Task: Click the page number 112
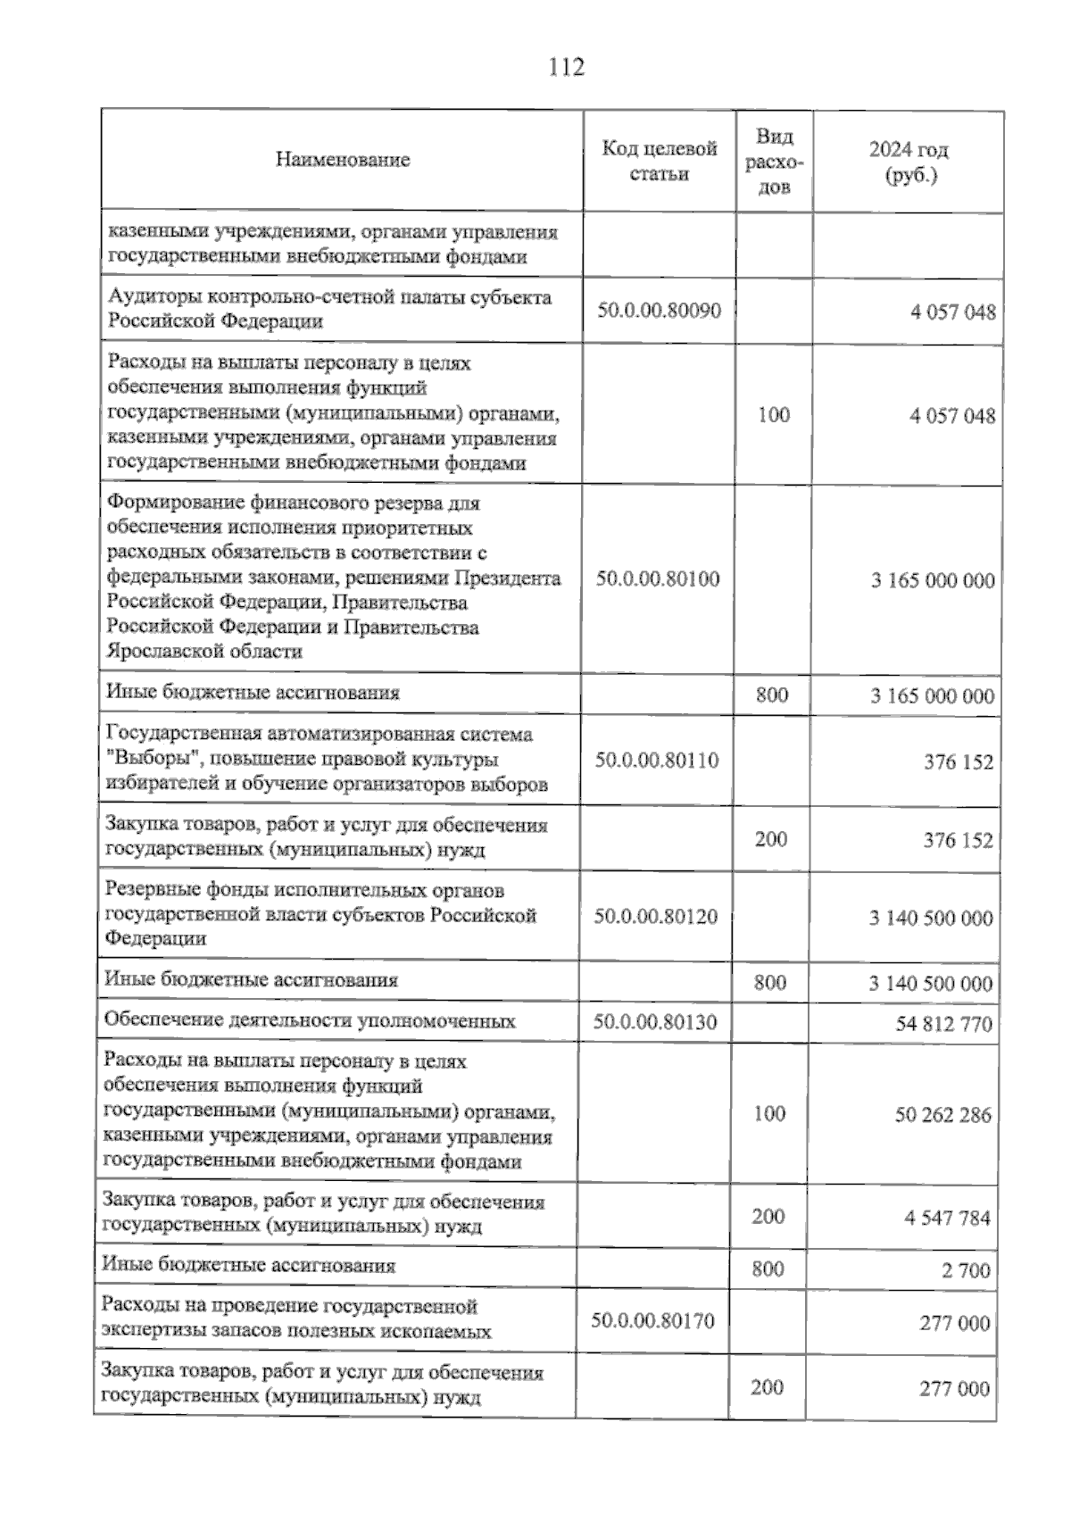567,67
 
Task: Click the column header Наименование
343,160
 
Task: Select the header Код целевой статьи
659,161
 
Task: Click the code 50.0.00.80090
659,311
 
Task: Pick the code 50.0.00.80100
658,578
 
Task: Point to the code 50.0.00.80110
657,761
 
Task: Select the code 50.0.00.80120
656,916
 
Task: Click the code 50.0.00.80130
655,1022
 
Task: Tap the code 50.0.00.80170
652,1320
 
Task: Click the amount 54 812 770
943,1024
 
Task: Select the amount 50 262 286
942,1115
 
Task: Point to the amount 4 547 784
947,1218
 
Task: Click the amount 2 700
966,1270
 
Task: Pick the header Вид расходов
774,161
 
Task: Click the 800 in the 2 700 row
768,1269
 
